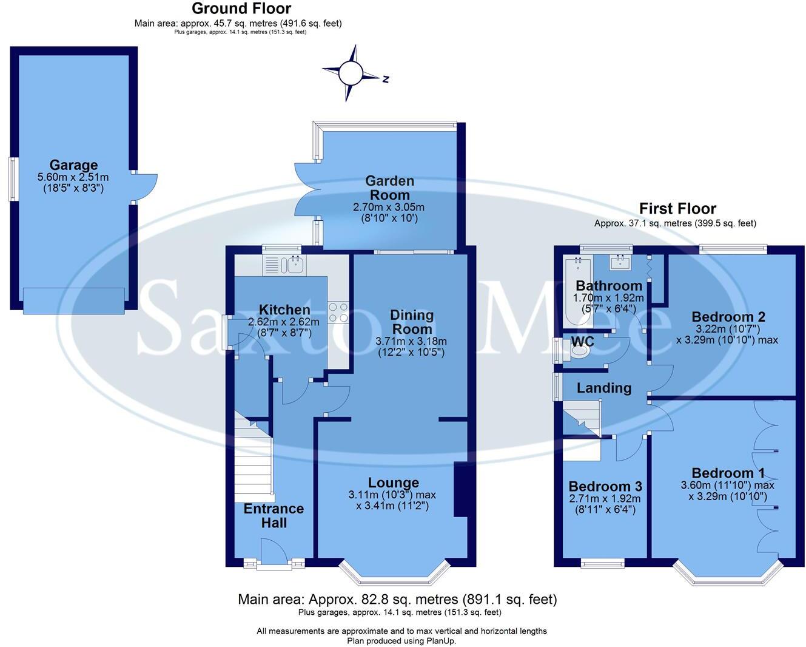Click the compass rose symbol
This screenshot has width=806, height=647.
350,73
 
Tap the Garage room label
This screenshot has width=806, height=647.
73,165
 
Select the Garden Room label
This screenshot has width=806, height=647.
390,188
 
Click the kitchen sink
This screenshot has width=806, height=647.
296,264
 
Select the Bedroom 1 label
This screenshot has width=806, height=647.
728,473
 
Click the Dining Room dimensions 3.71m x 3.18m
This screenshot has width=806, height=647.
411,341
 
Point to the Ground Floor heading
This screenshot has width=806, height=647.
241,8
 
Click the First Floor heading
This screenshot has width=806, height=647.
677,209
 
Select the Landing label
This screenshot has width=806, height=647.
603,388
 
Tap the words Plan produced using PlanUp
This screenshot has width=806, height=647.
401,641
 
